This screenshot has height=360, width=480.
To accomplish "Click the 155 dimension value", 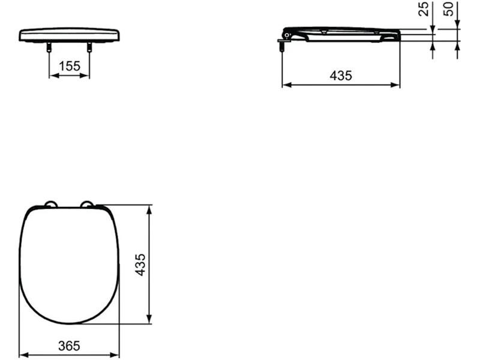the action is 69,66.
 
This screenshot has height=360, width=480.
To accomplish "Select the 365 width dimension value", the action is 69,346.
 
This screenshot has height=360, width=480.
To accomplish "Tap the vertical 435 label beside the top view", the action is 140,265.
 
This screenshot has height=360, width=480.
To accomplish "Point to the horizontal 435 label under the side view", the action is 341,76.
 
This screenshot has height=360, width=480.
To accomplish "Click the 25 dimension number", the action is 424,9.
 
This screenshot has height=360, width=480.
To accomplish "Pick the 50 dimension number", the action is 448,9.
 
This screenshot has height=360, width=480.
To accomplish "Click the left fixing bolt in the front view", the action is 49,47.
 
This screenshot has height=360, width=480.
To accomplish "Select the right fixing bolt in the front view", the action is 89,47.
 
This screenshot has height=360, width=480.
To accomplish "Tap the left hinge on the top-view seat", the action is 51,204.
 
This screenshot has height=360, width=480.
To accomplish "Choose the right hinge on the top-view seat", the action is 87,204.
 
